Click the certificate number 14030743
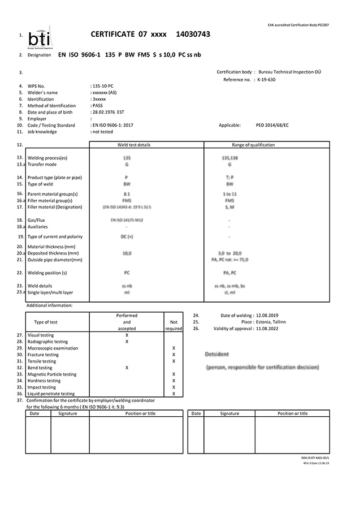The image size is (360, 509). pos(193,34)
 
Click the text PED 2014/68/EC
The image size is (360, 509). pos(273,125)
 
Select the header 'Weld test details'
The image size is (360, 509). pos(134,145)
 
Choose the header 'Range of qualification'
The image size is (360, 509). pos(253,145)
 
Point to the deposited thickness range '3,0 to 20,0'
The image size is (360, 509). pos(229,253)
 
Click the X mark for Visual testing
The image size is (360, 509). pos(127,335)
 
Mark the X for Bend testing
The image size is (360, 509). pos(127,368)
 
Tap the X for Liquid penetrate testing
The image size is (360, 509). pos(174,394)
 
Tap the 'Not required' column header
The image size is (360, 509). pos(174,322)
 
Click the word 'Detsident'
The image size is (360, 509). pos(218,354)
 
